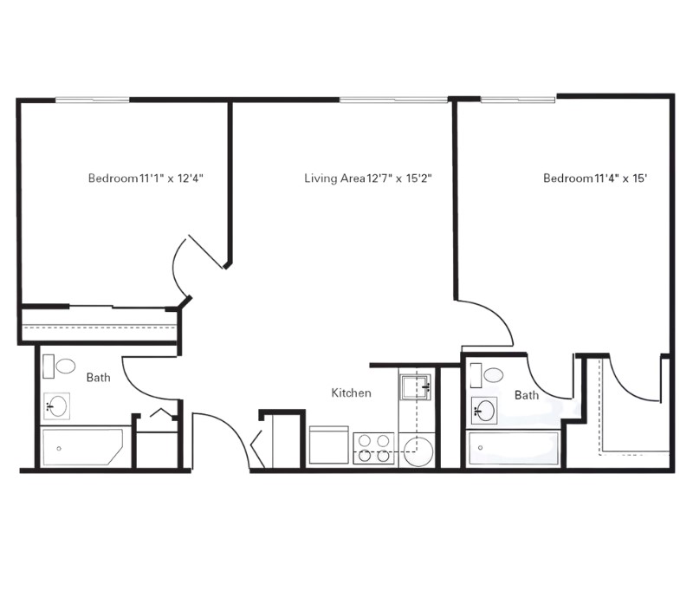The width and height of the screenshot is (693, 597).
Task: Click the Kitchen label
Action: pyautogui.click(x=352, y=393)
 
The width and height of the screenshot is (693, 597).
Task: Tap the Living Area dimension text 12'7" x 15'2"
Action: pyautogui.click(x=399, y=178)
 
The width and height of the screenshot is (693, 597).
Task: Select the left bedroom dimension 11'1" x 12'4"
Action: pyautogui.click(x=171, y=178)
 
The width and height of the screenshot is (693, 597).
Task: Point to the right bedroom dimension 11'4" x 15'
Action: pyautogui.click(x=621, y=178)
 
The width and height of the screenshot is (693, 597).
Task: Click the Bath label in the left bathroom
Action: pyautogui.click(x=98, y=377)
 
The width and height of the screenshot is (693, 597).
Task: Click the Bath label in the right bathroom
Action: pyautogui.click(x=527, y=395)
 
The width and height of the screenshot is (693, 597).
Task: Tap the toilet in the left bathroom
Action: pyautogui.click(x=59, y=367)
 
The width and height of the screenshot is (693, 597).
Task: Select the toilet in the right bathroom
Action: pyautogui.click(x=487, y=375)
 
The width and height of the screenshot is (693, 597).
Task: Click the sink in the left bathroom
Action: pyautogui.click(x=56, y=406)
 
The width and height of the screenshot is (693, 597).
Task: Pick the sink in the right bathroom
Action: pyautogui.click(x=484, y=411)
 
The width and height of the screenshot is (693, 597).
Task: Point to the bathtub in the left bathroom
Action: pyautogui.click(x=82, y=446)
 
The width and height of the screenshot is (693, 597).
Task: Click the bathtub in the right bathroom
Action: pyautogui.click(x=513, y=448)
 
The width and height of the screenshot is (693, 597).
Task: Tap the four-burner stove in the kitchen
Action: pyautogui.click(x=374, y=448)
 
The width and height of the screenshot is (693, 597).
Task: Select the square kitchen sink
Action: pyautogui.click(x=416, y=387)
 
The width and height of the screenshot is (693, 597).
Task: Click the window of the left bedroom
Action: pyautogui.click(x=93, y=101)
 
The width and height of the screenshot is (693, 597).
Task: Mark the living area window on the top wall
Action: pyautogui.click(x=394, y=100)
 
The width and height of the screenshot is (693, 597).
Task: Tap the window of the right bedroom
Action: pyautogui.click(x=518, y=100)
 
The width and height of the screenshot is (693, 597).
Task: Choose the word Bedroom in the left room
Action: pyautogui.click(x=113, y=178)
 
